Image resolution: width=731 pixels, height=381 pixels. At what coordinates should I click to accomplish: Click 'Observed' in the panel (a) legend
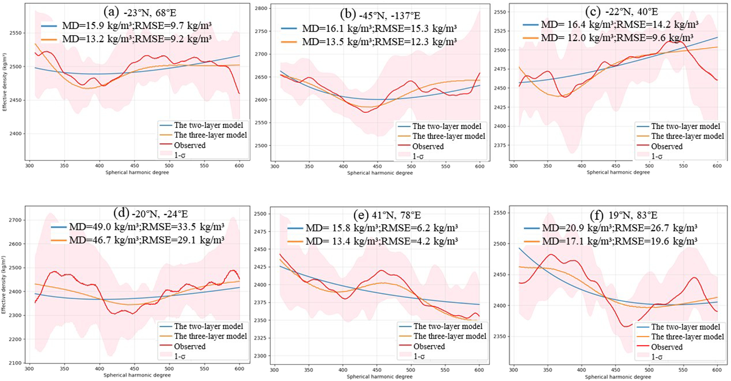click(190, 145)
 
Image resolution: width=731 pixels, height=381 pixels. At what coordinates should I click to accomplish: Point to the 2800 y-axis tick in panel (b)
click(262, 9)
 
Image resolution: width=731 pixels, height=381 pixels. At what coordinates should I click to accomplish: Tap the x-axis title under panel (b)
click(380, 173)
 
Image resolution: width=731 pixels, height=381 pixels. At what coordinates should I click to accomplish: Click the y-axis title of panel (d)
click(4, 284)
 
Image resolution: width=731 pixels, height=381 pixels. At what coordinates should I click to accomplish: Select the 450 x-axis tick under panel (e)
click(377, 370)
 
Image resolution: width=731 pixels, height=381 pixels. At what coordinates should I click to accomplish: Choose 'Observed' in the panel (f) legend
click(667, 347)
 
